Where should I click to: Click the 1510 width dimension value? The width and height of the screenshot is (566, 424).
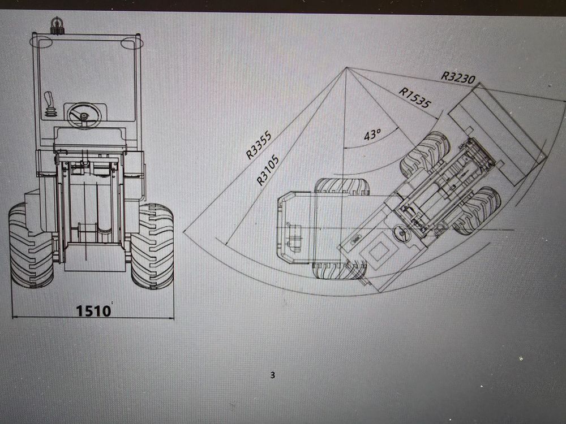(x=93, y=310)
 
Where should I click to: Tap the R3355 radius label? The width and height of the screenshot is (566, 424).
(x=259, y=146)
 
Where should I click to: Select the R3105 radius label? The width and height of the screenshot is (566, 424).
(x=268, y=170)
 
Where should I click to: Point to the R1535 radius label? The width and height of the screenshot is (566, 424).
(x=415, y=98)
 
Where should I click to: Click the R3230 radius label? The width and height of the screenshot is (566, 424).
(x=458, y=77)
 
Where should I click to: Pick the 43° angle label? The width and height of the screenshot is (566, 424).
(x=372, y=135)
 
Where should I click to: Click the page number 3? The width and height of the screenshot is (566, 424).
(x=273, y=375)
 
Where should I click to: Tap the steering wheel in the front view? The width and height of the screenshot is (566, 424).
(x=84, y=115)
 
